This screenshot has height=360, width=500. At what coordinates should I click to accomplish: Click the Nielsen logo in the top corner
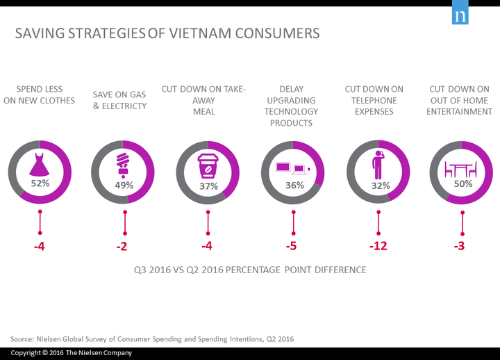(459, 17)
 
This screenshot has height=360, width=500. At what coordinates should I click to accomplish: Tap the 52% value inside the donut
(40, 184)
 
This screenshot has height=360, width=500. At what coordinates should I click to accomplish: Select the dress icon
(40, 164)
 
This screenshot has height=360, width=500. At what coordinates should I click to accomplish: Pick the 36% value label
(292, 186)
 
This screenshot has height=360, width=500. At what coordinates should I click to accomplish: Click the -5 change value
(292, 247)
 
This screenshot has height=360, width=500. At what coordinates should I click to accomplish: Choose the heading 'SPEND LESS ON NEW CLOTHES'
(40, 95)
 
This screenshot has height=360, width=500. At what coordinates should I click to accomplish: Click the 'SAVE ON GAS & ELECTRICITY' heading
(119, 100)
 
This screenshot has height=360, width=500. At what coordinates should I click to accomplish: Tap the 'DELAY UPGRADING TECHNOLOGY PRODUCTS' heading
(291, 106)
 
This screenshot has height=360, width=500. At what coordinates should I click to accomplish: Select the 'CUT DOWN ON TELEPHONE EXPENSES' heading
(374, 100)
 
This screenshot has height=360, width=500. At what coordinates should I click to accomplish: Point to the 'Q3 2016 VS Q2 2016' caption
(250, 270)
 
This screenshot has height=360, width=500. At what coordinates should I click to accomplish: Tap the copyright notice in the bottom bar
(71, 353)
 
